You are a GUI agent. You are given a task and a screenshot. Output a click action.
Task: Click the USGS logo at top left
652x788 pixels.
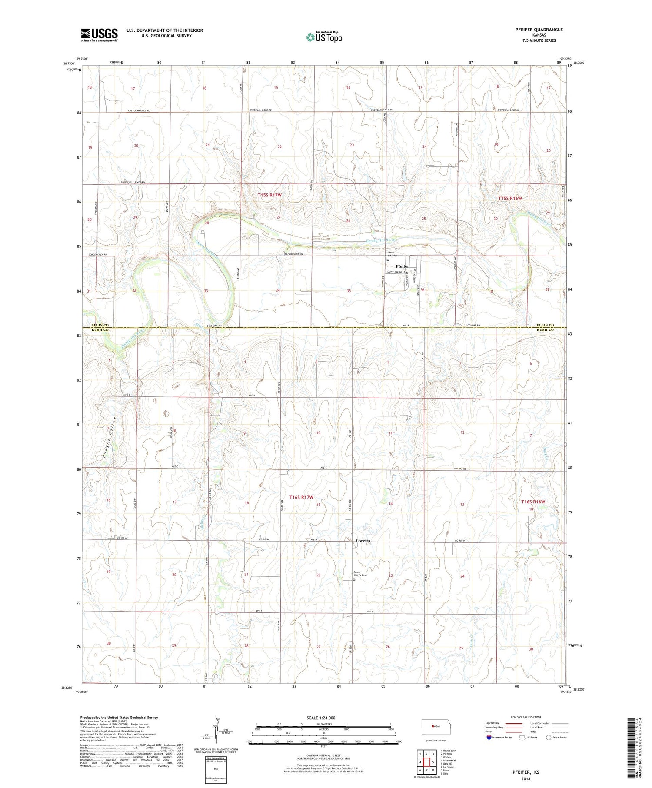coord(99,35)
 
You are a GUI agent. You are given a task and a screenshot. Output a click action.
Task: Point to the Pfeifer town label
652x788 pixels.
coord(402,266)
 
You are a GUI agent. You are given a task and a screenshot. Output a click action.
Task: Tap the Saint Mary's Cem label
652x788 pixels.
coord(360,574)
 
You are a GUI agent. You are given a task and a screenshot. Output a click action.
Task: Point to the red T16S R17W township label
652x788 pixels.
coord(307,497)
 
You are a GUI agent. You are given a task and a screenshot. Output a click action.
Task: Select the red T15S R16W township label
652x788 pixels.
coord(510,198)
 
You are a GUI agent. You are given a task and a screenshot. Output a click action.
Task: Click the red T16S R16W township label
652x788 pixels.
coord(533,502)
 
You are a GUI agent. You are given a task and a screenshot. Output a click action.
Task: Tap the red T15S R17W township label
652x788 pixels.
coord(269,195)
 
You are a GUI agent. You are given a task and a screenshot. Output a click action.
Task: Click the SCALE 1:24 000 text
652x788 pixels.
coord(321,718)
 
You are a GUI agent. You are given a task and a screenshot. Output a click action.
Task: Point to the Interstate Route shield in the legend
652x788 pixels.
coord(490,738)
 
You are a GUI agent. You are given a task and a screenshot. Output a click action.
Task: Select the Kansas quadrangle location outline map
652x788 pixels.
coord(437,726)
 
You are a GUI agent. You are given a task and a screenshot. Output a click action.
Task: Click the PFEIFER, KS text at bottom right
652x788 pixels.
coord(525,772)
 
